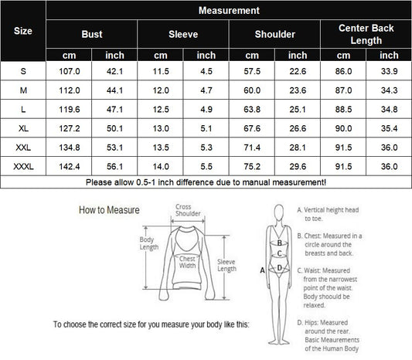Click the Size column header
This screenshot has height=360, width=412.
click(x=23, y=31)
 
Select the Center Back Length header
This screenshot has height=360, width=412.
click(x=366, y=34)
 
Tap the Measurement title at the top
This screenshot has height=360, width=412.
click(x=229, y=11)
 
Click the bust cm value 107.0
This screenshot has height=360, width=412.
click(x=70, y=71)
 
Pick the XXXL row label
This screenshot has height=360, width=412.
click(x=23, y=166)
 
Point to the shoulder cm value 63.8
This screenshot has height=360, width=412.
click(x=252, y=109)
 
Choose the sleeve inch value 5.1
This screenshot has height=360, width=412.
click(x=206, y=128)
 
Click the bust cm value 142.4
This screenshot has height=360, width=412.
click(x=70, y=166)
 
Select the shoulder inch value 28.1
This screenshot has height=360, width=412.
click(x=298, y=148)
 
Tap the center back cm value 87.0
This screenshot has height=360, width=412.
click(x=343, y=90)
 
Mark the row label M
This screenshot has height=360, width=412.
click(x=23, y=90)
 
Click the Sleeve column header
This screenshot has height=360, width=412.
click(x=183, y=34)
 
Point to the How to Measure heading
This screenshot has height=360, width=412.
click(x=109, y=210)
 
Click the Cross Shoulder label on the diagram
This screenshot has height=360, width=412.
click(x=188, y=210)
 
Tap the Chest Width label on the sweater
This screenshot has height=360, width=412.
click(x=187, y=262)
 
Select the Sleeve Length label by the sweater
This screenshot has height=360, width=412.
click(x=226, y=265)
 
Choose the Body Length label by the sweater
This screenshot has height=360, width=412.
click(x=149, y=243)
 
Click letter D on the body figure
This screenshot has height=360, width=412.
click(x=279, y=268)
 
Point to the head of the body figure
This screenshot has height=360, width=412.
click(x=279, y=212)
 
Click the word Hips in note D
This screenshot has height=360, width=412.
click(x=311, y=323)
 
